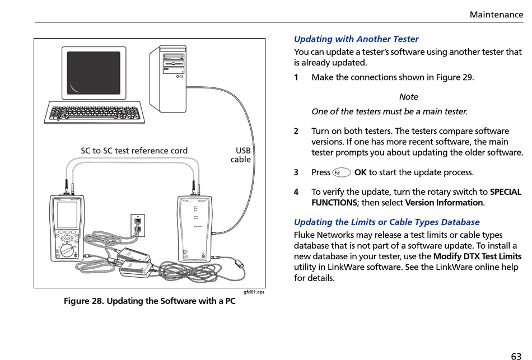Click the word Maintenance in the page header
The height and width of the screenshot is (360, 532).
click(496, 15)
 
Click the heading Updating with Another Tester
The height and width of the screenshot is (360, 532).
click(356, 39)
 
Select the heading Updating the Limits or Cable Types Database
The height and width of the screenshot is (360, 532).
click(386, 222)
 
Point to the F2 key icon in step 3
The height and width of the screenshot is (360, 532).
click(341, 172)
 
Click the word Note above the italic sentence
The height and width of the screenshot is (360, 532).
click(409, 97)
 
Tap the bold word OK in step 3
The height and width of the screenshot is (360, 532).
click(360, 172)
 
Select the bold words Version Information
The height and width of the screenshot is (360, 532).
click(444, 203)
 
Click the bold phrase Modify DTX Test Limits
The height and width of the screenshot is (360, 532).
click(477, 256)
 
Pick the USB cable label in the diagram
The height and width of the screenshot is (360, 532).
click(242, 155)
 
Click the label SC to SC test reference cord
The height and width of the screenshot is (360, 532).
click(134, 151)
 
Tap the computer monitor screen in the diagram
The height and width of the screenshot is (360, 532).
click(94, 73)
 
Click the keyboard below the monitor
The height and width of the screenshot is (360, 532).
click(93, 114)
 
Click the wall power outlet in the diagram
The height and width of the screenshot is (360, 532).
click(138, 225)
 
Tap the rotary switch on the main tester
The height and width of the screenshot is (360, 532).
click(68, 250)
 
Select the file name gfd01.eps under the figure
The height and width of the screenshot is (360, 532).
click(254, 292)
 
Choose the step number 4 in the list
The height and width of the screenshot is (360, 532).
click(296, 192)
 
